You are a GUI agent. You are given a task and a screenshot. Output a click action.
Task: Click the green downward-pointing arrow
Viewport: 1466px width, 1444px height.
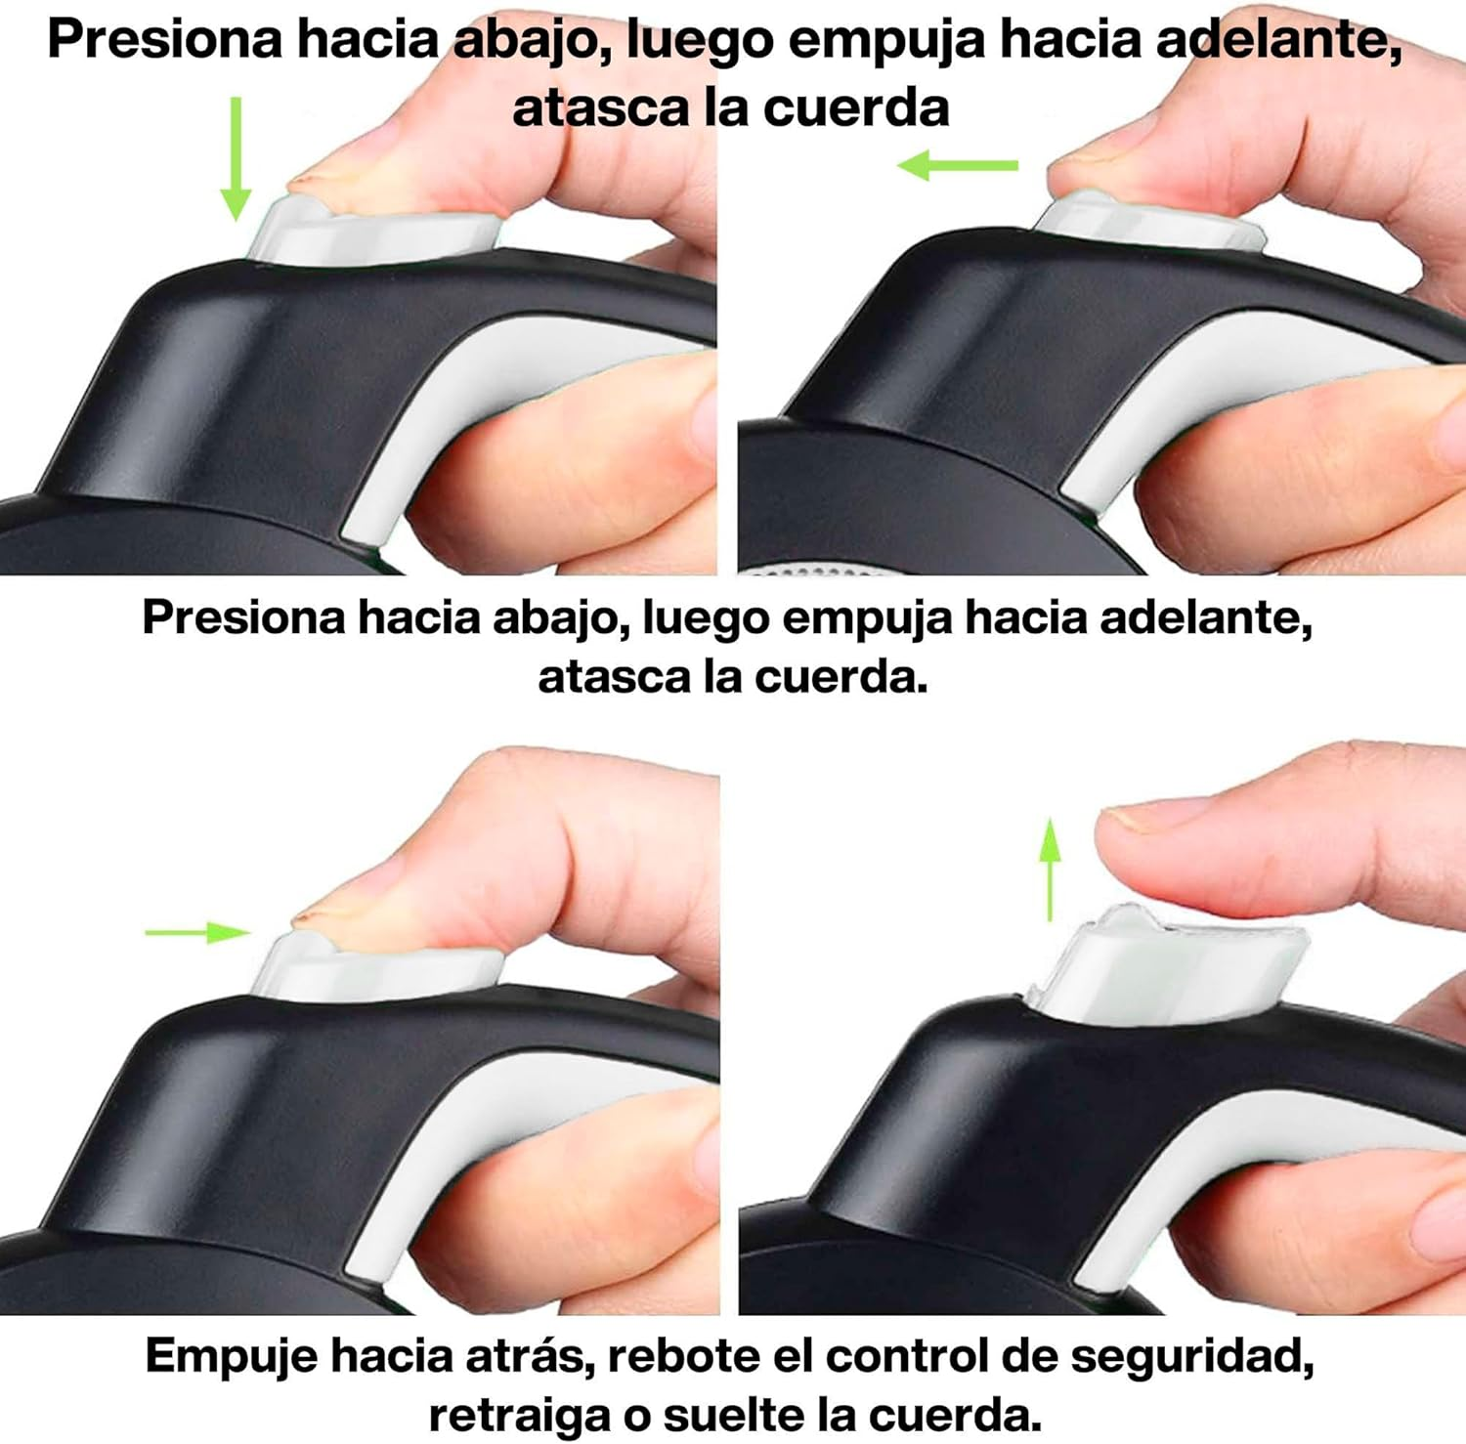pyautogui.click(x=235, y=158)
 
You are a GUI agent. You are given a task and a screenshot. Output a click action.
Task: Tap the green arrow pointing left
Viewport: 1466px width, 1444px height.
pyautogui.click(x=958, y=165)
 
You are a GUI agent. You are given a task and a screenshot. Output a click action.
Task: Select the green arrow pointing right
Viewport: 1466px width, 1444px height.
pyautogui.click(x=198, y=933)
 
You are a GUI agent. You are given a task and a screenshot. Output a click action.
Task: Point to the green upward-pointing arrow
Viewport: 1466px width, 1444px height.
pyautogui.click(x=1050, y=870)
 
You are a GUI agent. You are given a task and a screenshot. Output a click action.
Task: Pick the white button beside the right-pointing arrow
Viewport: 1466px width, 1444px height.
pyautogui.click(x=378, y=967)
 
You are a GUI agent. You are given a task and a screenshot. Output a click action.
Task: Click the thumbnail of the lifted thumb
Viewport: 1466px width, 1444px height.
pyautogui.click(x=1129, y=819)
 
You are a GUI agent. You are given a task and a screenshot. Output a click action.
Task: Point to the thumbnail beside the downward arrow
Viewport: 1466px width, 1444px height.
pyautogui.click(x=311, y=182)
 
